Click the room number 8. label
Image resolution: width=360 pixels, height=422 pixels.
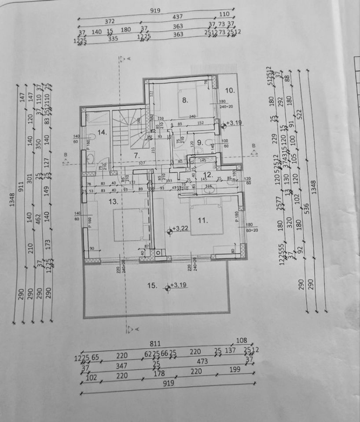(x=185, y=100)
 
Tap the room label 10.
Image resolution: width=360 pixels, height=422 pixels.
(x=230, y=91)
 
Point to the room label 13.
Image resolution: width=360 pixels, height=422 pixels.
(x=114, y=201)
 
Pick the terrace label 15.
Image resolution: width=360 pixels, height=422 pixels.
(x=152, y=286)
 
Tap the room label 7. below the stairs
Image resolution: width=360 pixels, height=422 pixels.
(x=136, y=155)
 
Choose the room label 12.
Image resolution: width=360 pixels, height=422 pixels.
(x=207, y=175)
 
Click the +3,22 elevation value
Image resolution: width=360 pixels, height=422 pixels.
(x=180, y=229)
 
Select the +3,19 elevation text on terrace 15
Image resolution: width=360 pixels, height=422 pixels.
(x=180, y=285)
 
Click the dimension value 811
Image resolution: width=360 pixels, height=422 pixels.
(x=154, y=344)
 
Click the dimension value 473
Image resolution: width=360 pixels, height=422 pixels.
(x=202, y=361)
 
